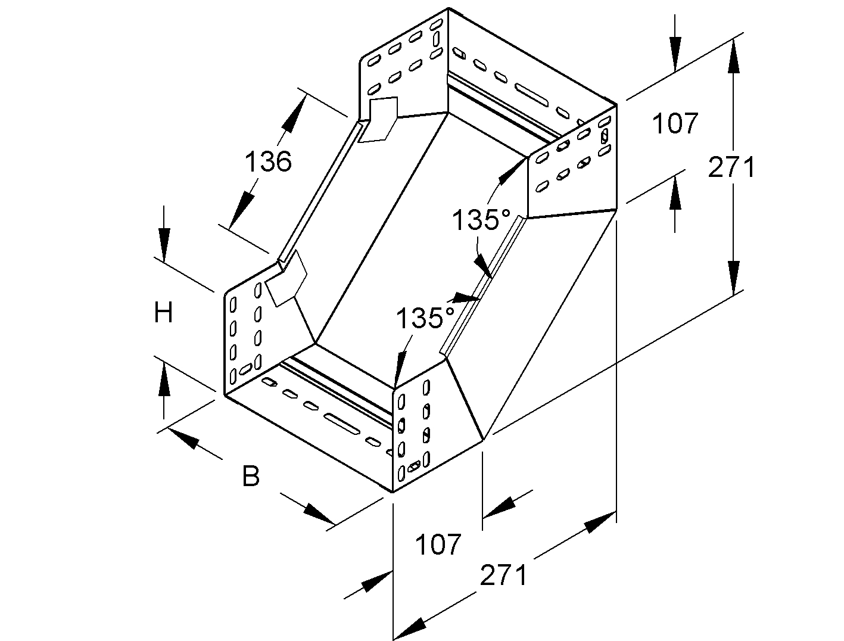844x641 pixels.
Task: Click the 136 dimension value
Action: tap(269, 161)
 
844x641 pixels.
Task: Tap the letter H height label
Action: tap(163, 312)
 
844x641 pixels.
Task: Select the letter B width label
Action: tap(251, 476)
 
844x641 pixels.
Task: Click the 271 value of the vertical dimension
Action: tap(731, 168)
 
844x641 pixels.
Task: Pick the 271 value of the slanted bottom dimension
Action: tap(504, 575)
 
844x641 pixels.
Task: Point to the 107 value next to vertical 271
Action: tap(675, 124)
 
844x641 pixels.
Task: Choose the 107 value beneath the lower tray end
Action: tap(438, 544)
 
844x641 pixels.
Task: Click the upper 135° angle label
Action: tap(481, 221)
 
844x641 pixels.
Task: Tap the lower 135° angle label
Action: tap(425, 319)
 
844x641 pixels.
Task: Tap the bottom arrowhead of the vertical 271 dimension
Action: tap(734, 276)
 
